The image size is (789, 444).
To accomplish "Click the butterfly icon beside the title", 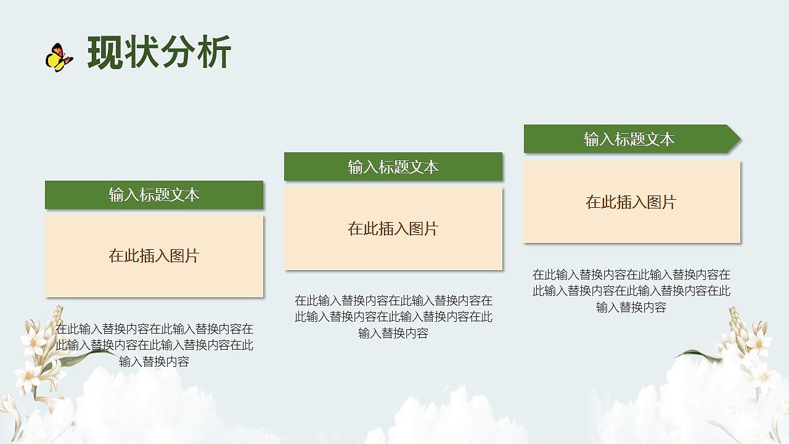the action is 59,57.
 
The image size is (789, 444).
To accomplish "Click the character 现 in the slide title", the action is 105,52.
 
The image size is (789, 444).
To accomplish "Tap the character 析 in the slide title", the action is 214,52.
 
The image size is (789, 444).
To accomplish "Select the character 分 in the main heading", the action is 177,52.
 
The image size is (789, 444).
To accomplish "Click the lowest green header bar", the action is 154,195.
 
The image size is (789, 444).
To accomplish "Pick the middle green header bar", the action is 393,166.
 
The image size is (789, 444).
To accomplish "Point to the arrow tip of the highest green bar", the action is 740,139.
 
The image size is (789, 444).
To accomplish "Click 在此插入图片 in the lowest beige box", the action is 154,256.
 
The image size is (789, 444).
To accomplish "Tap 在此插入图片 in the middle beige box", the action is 393,229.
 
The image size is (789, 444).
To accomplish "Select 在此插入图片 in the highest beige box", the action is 631,202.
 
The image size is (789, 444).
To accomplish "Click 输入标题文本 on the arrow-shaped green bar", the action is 629,139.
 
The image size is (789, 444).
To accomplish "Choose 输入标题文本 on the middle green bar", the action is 393,167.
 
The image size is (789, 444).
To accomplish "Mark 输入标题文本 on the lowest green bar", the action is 154,195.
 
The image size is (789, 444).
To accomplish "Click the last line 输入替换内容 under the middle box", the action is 393,333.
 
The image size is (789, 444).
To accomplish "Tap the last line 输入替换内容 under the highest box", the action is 631,307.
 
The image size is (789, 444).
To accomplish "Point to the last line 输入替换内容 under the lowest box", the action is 154,361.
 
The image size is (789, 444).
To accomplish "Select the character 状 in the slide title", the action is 141,52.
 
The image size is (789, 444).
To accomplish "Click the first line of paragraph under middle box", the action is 393,300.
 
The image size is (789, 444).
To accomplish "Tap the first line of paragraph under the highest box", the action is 631,274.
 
